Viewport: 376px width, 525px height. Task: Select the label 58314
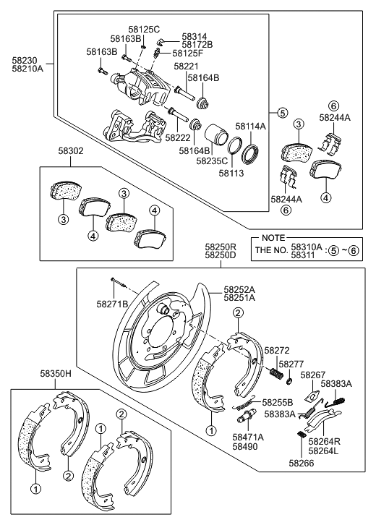click(x=193, y=35)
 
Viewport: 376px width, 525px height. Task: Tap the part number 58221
click(x=185, y=66)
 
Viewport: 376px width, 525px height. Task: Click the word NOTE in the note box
click(x=273, y=238)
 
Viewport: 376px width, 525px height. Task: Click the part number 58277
click(x=291, y=364)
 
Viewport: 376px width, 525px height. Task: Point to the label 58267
click(x=313, y=375)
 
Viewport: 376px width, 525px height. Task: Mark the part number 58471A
click(x=249, y=436)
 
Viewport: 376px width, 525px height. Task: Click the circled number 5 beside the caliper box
click(x=282, y=113)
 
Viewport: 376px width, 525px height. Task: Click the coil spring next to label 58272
click(x=275, y=375)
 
